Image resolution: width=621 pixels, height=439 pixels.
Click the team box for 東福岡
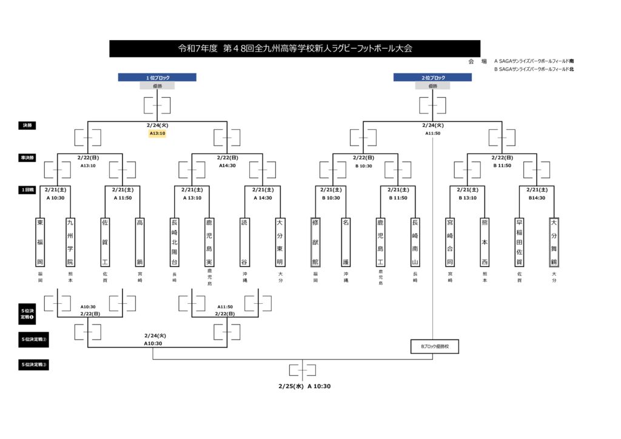[x=40, y=242]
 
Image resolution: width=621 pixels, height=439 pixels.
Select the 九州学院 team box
[x=70, y=242]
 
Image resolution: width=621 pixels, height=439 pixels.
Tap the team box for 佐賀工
[x=105, y=242]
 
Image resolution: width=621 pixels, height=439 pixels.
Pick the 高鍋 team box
[x=139, y=242]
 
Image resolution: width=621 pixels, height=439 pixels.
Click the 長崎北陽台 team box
[x=174, y=242]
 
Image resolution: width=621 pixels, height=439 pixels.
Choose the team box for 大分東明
[x=280, y=242]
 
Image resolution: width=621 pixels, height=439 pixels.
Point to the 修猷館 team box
[x=315, y=242]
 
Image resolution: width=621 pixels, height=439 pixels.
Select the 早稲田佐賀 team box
[x=519, y=242]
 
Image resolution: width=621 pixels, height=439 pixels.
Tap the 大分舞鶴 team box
[x=554, y=242]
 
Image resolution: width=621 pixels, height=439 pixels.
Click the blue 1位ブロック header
[x=157, y=78]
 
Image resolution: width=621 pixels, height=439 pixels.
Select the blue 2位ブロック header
[x=432, y=78]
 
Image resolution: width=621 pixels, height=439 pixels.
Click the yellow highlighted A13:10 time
[x=157, y=133]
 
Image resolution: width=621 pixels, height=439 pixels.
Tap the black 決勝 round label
[x=27, y=126]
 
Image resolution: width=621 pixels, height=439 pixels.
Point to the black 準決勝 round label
[x=27, y=158]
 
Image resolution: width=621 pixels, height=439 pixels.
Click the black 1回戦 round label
[x=27, y=190]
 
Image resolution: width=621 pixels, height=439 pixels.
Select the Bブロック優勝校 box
[x=434, y=347]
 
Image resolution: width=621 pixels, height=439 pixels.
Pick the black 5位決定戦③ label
[x=34, y=365]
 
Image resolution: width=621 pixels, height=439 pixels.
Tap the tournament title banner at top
[x=295, y=49]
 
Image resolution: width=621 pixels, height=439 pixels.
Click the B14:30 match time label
[x=536, y=198]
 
